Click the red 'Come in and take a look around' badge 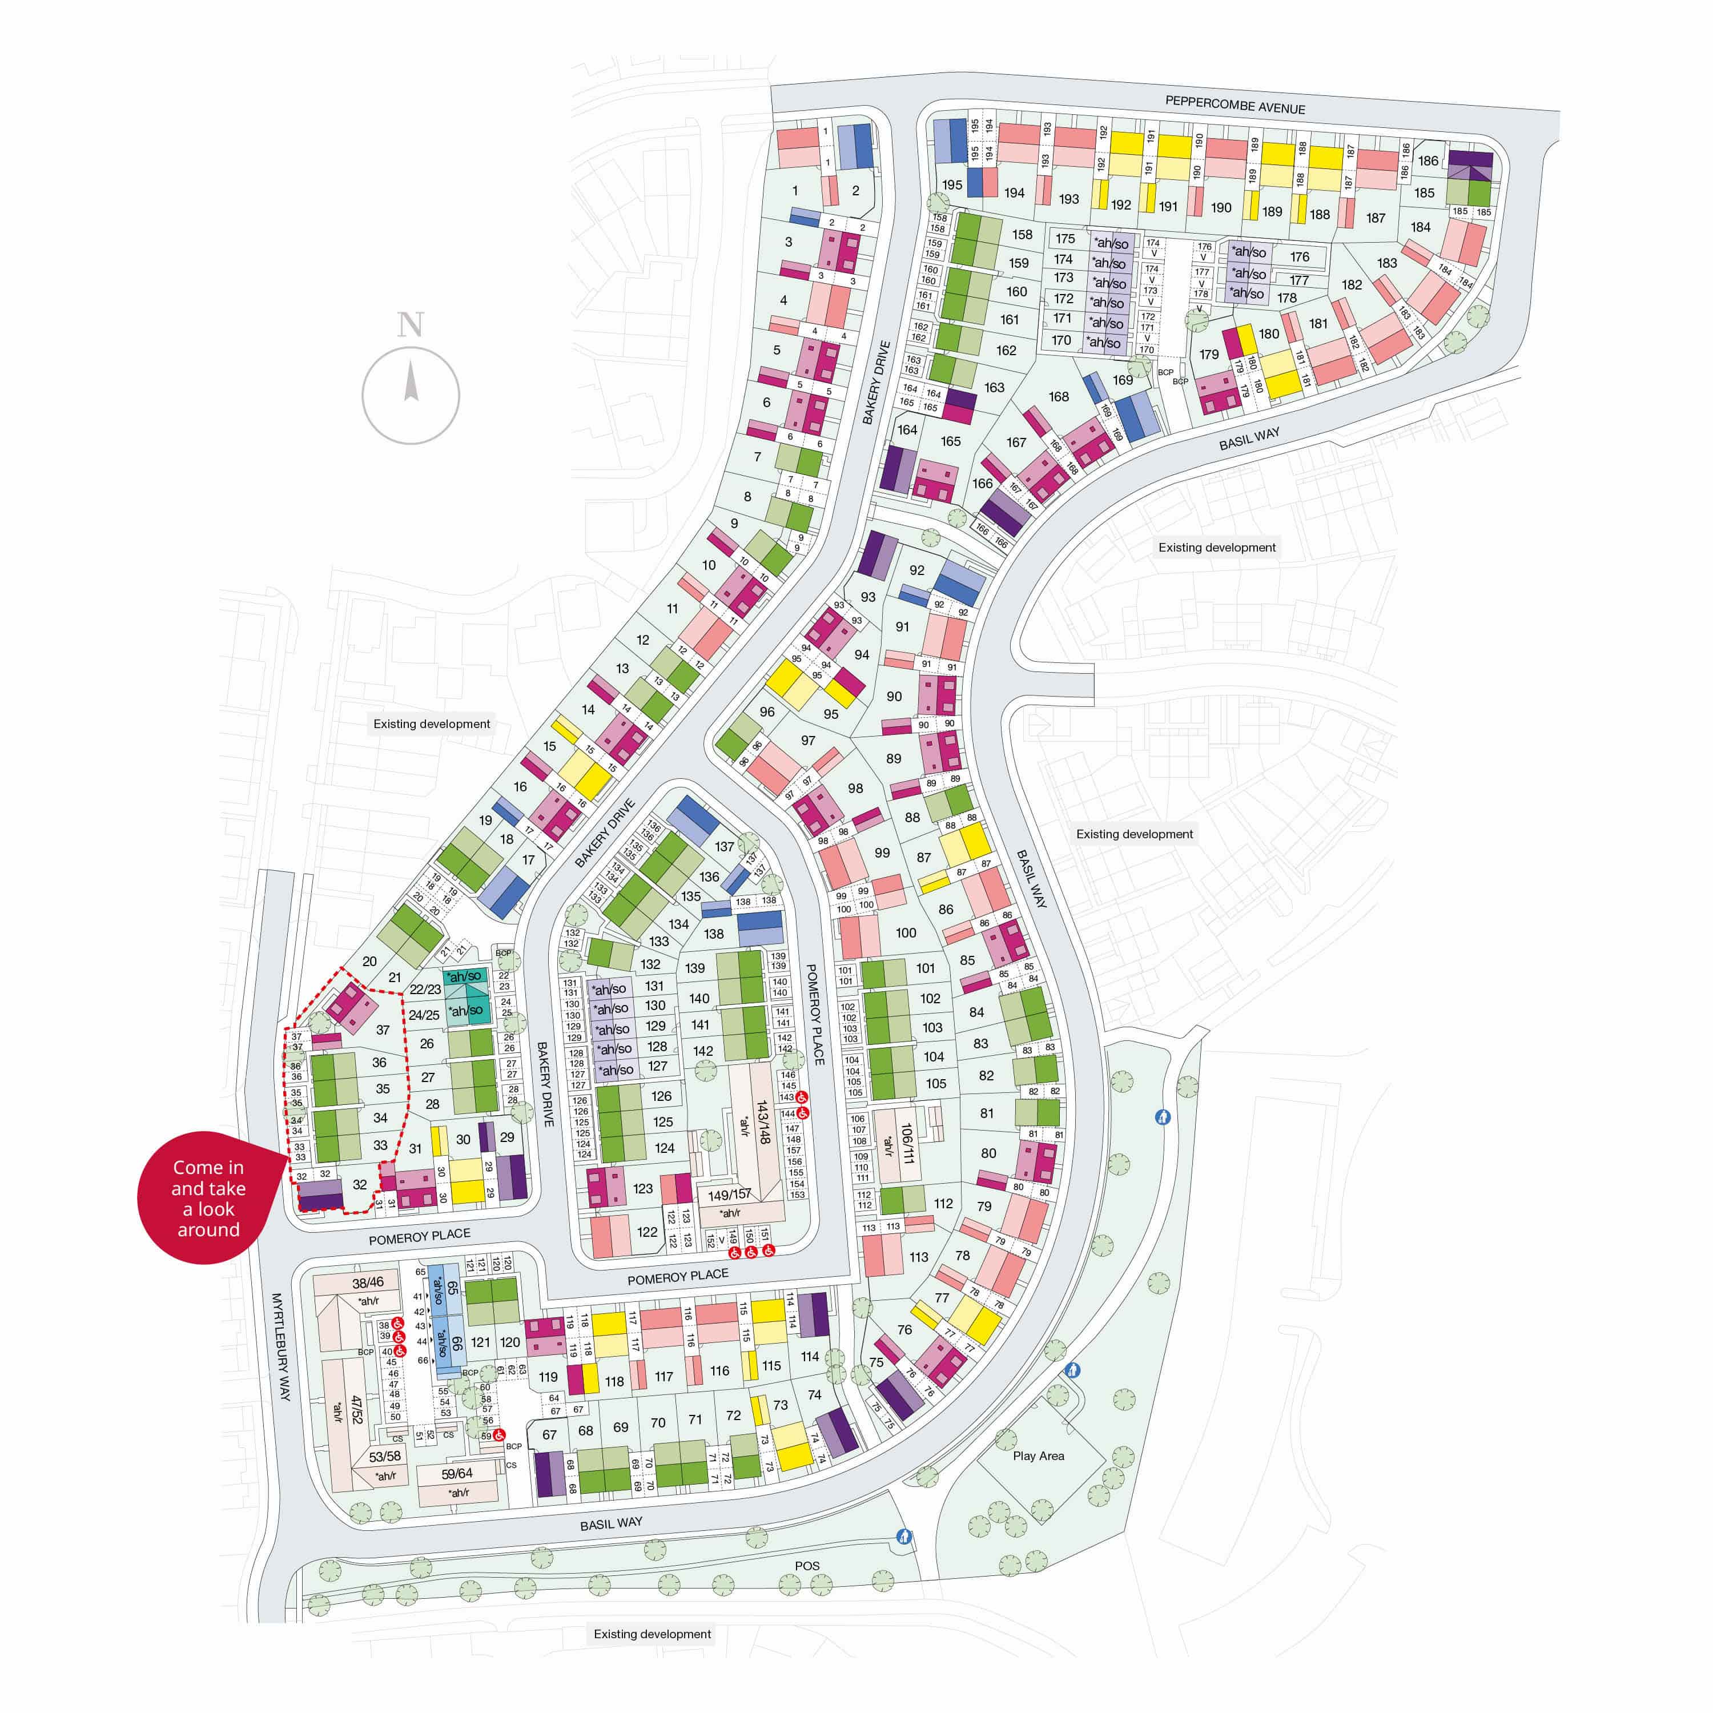point(208,1198)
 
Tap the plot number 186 point(1427,160)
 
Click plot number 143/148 point(762,1121)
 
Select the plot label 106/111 point(906,1144)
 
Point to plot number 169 point(1123,380)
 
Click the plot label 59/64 point(457,1474)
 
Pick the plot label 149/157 point(729,1195)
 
